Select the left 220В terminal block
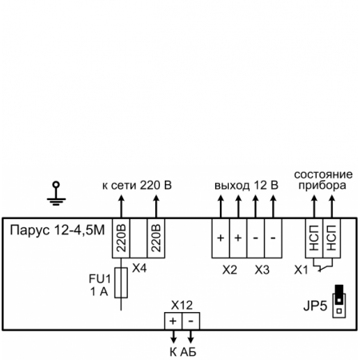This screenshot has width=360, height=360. point(120,238)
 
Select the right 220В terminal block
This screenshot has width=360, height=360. point(155,238)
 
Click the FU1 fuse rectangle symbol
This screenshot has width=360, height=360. point(121,283)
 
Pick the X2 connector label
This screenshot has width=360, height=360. point(230,270)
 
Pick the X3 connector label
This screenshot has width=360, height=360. point(262,270)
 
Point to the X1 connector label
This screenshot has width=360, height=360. point(301,270)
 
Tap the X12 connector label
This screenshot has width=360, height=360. point(182,305)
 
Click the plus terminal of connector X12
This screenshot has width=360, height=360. point(173,320)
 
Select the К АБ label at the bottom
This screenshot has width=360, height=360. point(182,351)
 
